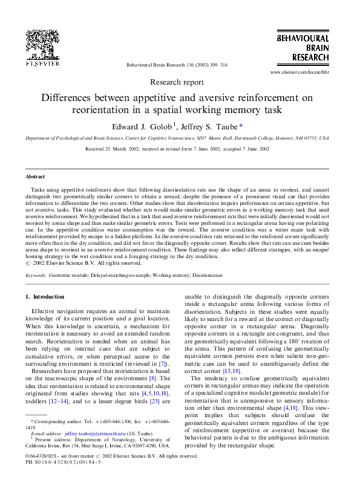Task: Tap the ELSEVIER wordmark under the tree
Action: click(42, 62)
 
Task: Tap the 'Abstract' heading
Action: click(35, 177)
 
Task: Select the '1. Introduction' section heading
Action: click(45, 297)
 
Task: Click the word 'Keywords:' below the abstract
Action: click(36, 275)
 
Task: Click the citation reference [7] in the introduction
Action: click(162, 365)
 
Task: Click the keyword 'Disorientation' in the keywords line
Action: click(208, 275)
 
